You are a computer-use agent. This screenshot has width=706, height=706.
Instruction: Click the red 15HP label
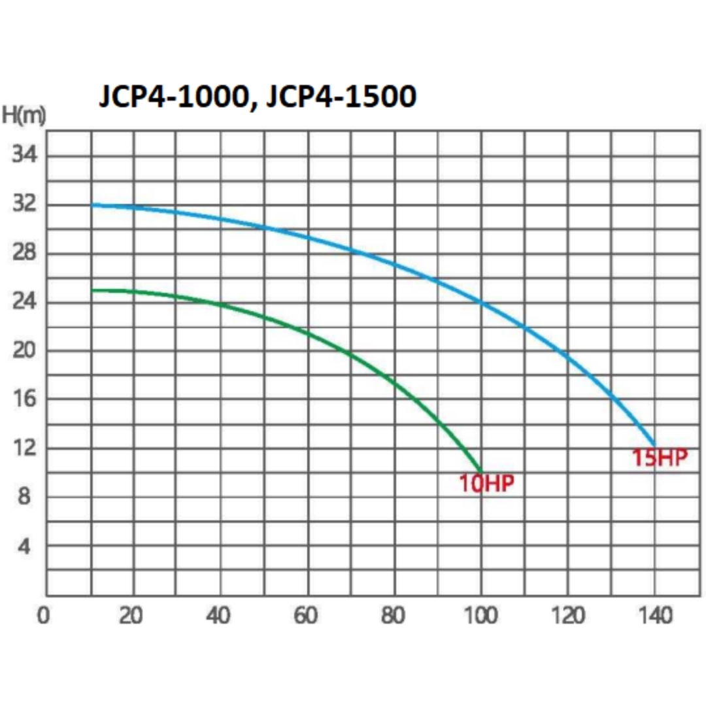click(660, 458)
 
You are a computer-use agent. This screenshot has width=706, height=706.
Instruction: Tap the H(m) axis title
click(24, 116)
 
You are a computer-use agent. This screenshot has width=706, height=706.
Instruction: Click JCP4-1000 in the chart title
click(172, 97)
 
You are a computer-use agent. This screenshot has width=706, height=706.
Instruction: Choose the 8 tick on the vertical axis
click(24, 497)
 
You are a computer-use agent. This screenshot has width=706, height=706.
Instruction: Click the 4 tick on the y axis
click(24, 546)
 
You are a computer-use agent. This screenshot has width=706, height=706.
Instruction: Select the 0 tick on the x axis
click(43, 616)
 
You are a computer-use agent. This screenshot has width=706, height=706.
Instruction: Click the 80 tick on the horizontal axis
click(394, 616)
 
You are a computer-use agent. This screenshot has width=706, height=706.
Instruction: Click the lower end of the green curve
click(482, 471)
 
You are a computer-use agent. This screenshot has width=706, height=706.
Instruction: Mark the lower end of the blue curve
click(654, 445)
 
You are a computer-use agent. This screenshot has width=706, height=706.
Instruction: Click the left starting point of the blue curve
click(92, 205)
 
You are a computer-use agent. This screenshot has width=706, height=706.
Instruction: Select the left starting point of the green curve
click(92, 290)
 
